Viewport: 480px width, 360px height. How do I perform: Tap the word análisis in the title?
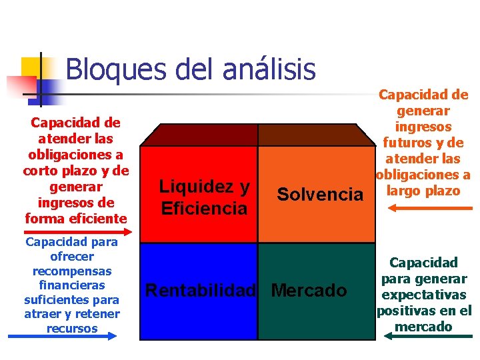click(271, 69)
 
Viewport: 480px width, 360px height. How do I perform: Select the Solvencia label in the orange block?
click(320, 195)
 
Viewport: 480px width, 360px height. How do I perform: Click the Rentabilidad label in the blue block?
click(201, 291)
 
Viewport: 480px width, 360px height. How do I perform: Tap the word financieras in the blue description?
click(72, 285)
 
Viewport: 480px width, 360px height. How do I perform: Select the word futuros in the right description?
click(405, 142)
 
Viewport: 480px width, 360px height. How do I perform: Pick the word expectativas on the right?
click(423, 295)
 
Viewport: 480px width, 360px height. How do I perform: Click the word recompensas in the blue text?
click(72, 271)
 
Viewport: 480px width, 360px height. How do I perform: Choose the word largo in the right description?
click(406, 191)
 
